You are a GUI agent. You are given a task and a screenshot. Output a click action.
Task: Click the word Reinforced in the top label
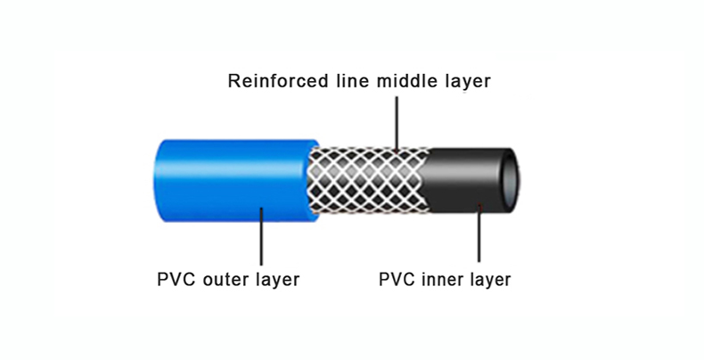pyautogui.click(x=275, y=82)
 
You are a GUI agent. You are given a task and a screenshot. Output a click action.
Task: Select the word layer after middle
pyautogui.click(x=467, y=83)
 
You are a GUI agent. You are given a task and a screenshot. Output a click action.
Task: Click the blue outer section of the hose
pyautogui.click(x=223, y=183)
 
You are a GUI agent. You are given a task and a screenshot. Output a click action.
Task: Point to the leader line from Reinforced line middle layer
pyautogui.click(x=396, y=120)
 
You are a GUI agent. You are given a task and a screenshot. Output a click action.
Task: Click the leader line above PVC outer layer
pyautogui.click(x=260, y=236)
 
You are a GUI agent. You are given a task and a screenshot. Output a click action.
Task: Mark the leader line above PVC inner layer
pyautogui.click(x=480, y=236)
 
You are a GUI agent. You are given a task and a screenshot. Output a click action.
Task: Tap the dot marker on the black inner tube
pyautogui.click(x=480, y=206)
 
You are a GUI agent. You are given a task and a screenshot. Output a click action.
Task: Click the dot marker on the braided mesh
pyautogui.click(x=396, y=147)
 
